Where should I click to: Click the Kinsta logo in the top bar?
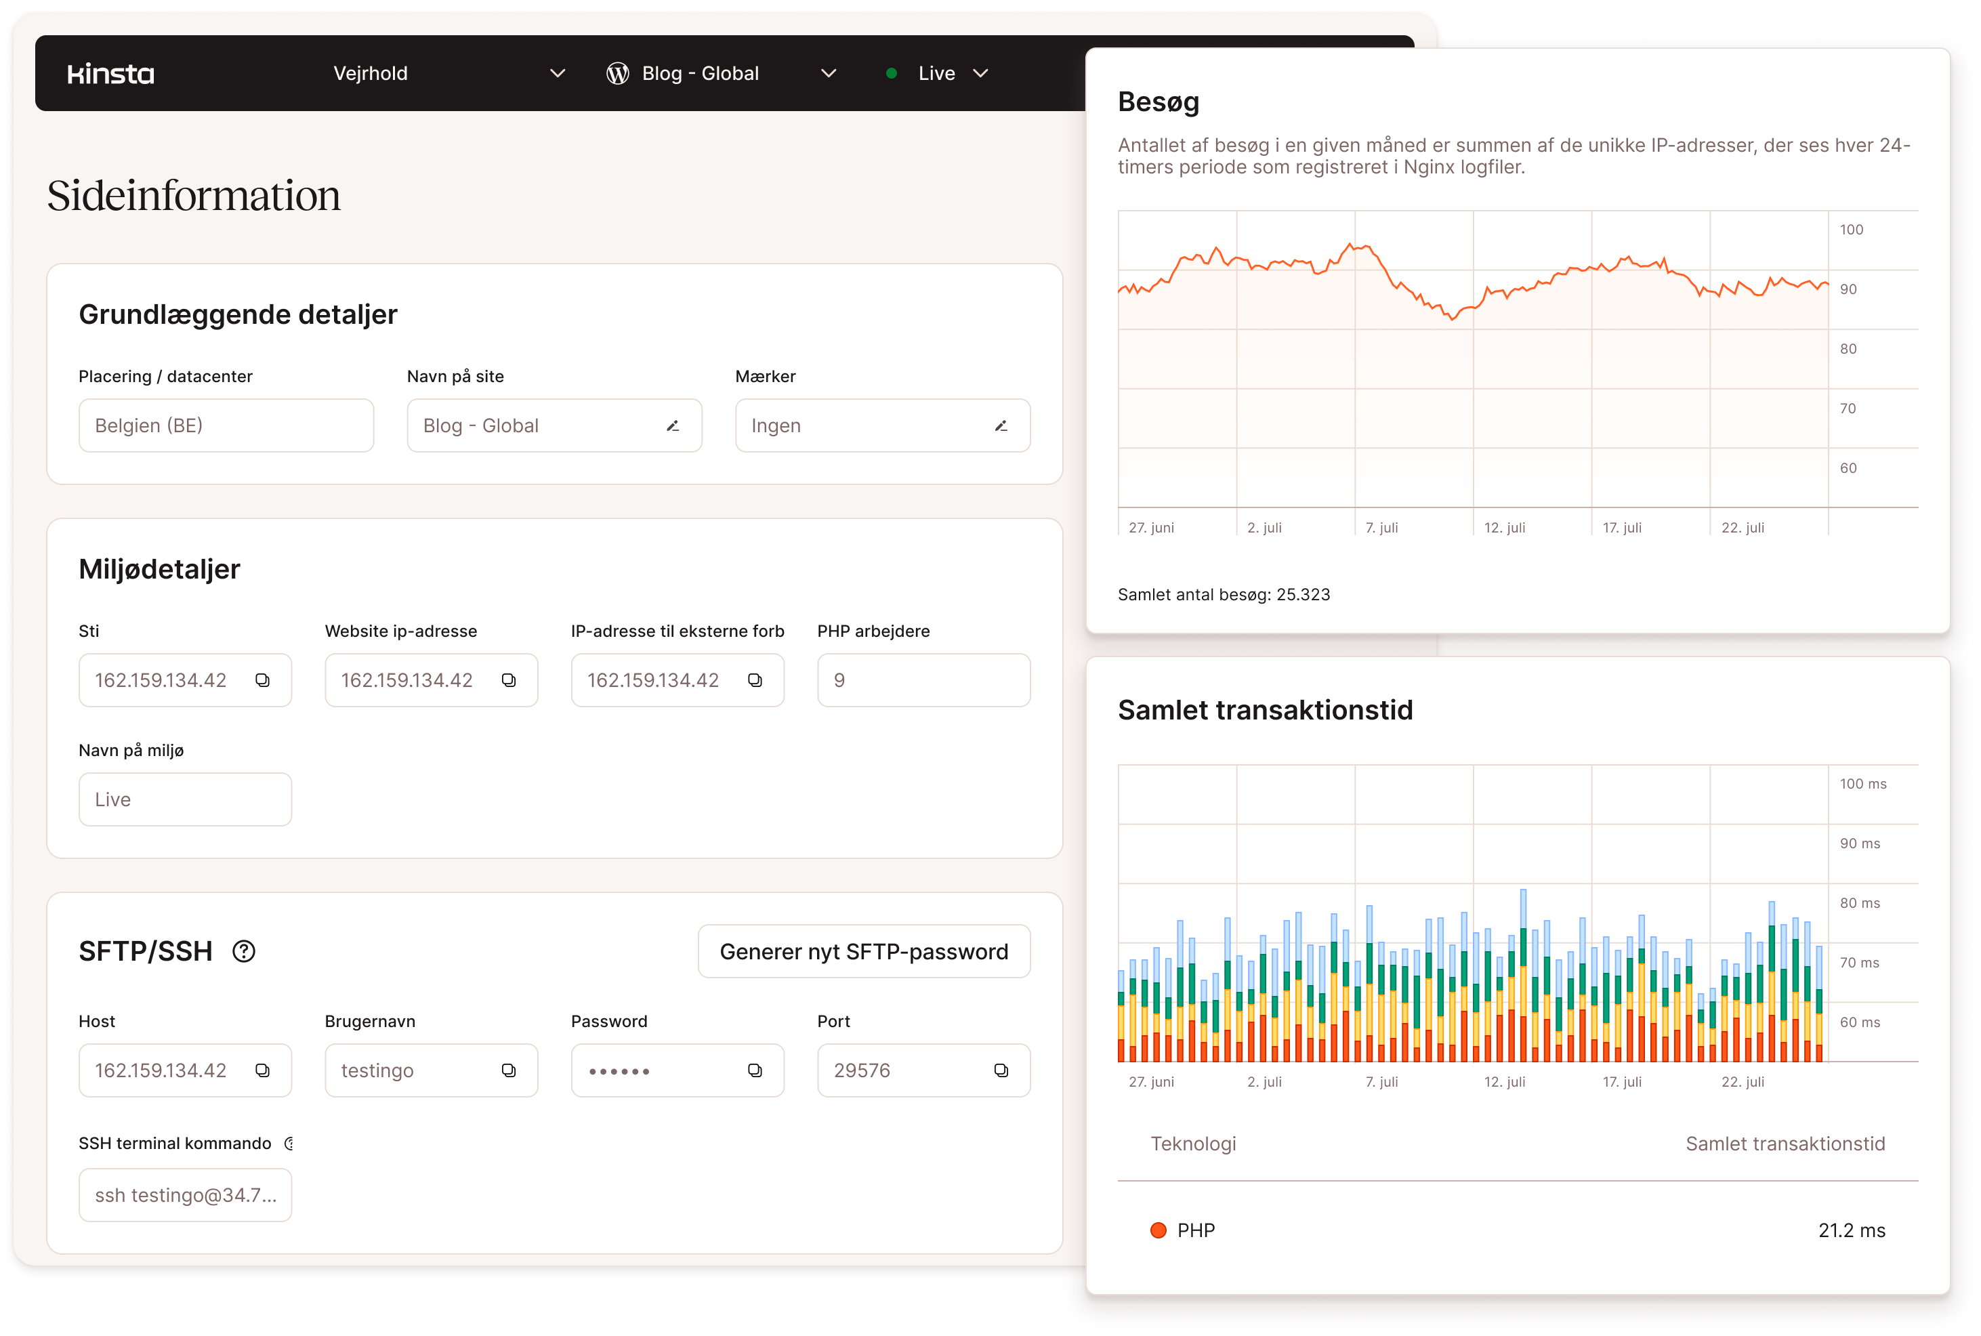(110, 74)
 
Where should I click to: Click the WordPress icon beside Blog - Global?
(618, 74)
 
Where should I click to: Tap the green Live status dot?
(891, 73)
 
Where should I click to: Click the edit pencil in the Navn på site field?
(672, 426)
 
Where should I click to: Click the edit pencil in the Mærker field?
(1000, 426)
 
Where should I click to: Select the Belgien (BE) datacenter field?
(226, 426)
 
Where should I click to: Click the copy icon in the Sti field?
(262, 680)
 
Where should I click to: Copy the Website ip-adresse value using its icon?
(509, 680)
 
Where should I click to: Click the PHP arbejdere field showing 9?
(923, 680)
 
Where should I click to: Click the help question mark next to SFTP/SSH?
(244, 951)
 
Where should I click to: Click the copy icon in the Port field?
(1001, 1070)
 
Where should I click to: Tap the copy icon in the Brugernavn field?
(509, 1070)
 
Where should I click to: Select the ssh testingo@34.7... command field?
(185, 1195)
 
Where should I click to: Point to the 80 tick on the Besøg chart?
(1848, 348)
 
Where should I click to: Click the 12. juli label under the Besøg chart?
(1505, 527)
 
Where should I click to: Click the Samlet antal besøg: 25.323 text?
(1224, 595)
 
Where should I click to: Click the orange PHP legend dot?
(1158, 1230)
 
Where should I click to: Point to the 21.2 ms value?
(1852, 1230)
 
